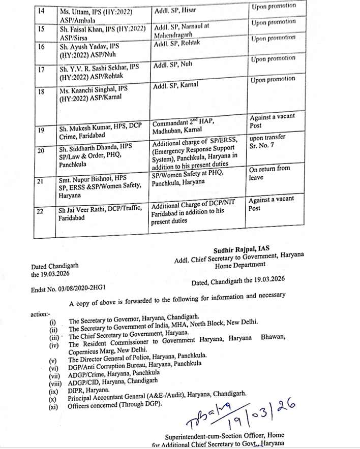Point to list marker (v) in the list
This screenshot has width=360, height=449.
point(52,359)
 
